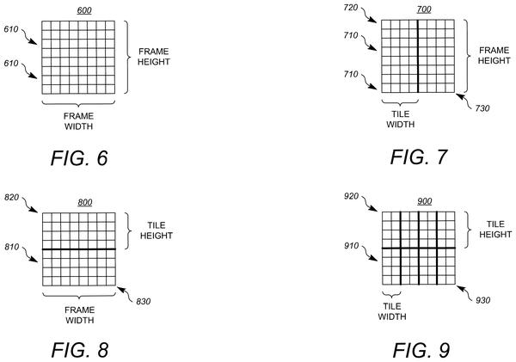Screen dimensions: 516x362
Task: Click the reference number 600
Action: pyautogui.click(x=84, y=10)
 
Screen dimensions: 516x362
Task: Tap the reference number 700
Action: pyautogui.click(x=424, y=9)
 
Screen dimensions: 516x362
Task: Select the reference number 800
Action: pyautogui.click(x=85, y=202)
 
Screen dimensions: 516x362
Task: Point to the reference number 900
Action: pyautogui.click(x=425, y=201)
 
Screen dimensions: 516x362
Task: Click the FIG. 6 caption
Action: pyautogui.click(x=79, y=158)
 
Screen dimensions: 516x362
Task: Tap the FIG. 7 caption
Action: pyautogui.click(x=419, y=157)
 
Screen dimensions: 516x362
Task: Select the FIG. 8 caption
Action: pyautogui.click(x=80, y=349)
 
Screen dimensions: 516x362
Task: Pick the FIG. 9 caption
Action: pyautogui.click(x=421, y=350)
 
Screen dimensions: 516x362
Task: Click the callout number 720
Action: pyautogui.click(x=351, y=7)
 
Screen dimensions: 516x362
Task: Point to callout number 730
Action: pyautogui.click(x=482, y=108)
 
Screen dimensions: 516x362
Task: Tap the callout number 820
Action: pyautogui.click(x=11, y=198)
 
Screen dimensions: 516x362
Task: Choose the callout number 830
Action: pyautogui.click(x=144, y=302)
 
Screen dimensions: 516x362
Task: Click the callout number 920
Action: pyautogui.click(x=351, y=196)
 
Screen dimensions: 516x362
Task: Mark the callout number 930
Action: pyautogui.click(x=483, y=300)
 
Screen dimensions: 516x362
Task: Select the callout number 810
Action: pyautogui.click(x=12, y=247)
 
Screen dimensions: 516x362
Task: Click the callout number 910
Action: pyautogui.click(x=352, y=246)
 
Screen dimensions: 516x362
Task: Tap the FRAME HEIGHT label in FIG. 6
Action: pyautogui.click(x=154, y=57)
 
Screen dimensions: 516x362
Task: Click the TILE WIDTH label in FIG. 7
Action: pyautogui.click(x=401, y=120)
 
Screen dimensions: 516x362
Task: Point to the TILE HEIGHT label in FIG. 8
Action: pyautogui.click(x=157, y=230)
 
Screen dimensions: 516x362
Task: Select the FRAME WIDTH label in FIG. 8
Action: pyautogui.click(x=80, y=315)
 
